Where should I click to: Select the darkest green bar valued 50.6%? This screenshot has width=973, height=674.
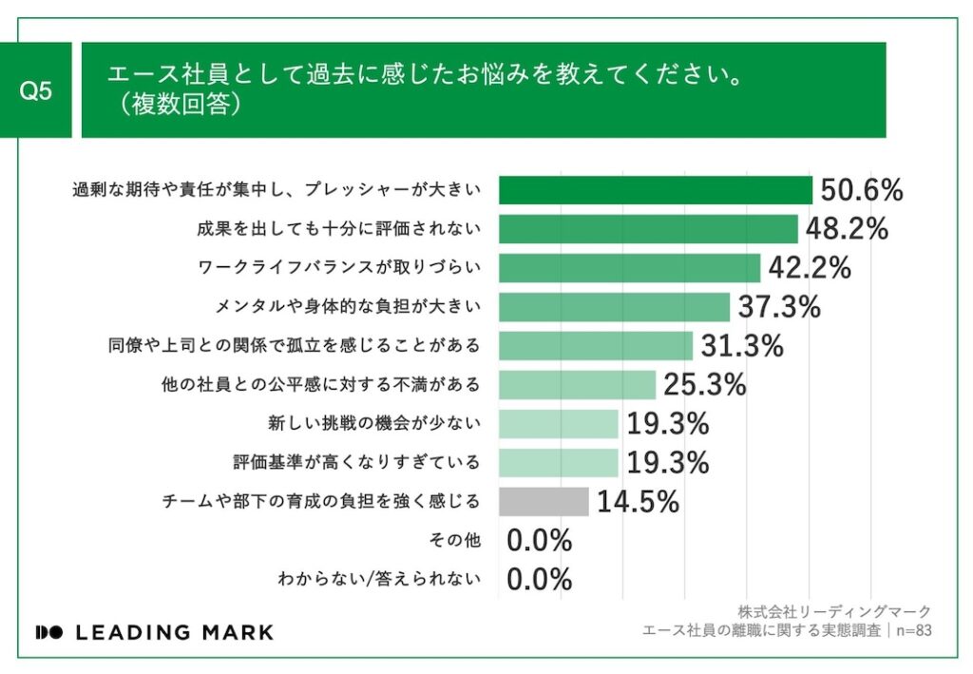[655, 190]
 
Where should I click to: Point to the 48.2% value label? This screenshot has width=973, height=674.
[847, 229]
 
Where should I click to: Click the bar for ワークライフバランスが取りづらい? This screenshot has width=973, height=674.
[629, 268]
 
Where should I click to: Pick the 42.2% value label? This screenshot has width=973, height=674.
[809, 268]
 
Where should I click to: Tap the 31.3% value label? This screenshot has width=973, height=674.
[742, 346]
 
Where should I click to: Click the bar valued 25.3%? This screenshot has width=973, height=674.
[577, 385]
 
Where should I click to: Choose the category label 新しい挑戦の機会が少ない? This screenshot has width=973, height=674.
[374, 424]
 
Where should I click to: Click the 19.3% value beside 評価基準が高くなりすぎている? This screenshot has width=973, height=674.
[668, 463]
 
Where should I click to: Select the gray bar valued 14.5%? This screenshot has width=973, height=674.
[544, 501]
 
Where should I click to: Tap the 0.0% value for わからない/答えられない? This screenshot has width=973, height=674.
[539, 579]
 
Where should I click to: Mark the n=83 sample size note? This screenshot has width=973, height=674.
[911, 630]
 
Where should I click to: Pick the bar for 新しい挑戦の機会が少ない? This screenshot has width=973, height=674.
[558, 424]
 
